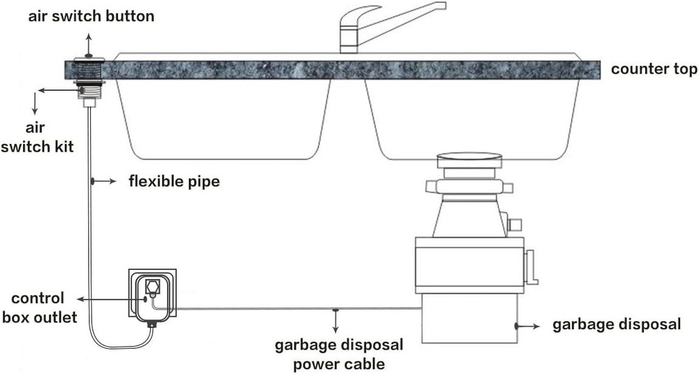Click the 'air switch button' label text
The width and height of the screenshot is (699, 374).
coord(91,16)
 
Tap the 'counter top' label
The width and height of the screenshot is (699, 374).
coord(654,69)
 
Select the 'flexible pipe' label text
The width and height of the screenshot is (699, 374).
coord(174,182)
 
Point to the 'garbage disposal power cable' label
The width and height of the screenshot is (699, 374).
coord(339,354)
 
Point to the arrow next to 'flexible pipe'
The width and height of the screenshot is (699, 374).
coord(105,182)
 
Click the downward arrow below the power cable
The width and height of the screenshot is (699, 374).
coord(336,321)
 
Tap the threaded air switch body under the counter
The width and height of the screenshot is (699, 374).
coord(89,89)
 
